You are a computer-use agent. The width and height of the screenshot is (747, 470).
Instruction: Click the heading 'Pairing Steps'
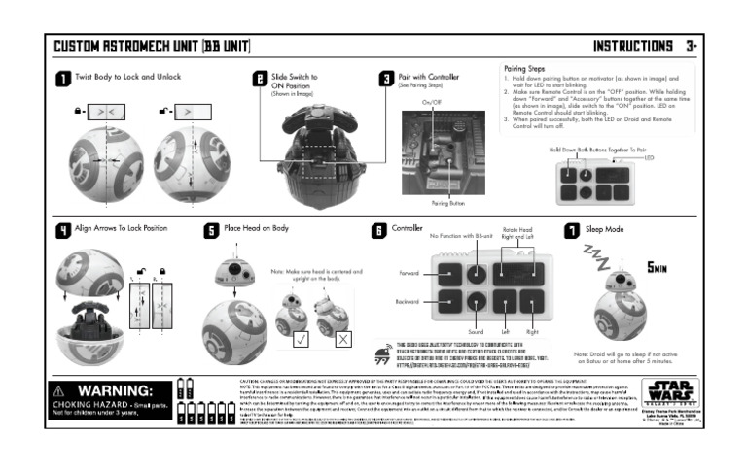pos(527,69)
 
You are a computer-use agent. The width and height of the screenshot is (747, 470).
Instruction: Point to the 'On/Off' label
pos(431,101)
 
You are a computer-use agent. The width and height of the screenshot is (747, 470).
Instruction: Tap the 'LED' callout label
pos(649,157)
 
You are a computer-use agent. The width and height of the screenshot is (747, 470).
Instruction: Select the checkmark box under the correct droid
pos(302,339)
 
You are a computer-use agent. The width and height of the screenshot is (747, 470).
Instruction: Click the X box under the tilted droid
pos(343,339)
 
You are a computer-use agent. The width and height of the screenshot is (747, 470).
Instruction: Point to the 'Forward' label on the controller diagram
pos(409,273)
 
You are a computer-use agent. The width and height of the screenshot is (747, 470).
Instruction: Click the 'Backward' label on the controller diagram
pos(408,302)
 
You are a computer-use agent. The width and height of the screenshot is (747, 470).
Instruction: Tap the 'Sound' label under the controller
pos(476,331)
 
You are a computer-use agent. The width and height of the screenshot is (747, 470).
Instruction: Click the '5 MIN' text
pos(657,266)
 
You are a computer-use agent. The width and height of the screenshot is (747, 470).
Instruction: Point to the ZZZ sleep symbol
pos(594,254)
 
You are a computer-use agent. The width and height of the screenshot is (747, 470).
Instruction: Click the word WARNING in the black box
pos(119,390)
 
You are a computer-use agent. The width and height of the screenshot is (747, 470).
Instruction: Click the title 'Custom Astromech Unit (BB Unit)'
pos(152,47)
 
